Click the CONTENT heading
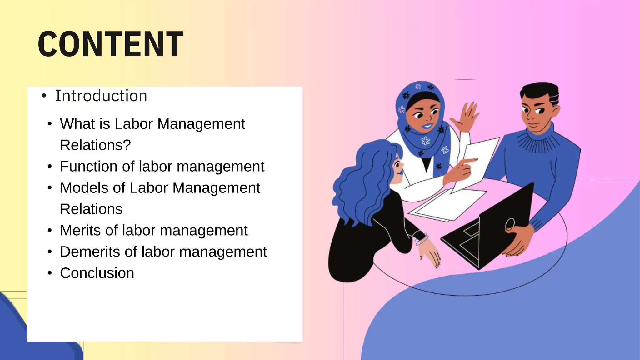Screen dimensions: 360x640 111,44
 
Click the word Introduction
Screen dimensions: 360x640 101,96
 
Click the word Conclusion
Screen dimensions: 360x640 97,273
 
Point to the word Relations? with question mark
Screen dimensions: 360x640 95,145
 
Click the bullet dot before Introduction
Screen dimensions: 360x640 44,96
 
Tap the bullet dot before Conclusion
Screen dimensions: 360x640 50,273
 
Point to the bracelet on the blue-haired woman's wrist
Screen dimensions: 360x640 421,240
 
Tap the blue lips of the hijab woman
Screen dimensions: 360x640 427,126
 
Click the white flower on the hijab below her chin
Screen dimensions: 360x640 425,141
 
